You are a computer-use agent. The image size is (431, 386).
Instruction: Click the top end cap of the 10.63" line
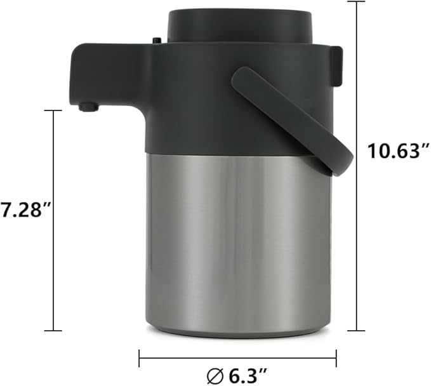pos(357,2)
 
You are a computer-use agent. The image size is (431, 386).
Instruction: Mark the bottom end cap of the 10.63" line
pos(357,330)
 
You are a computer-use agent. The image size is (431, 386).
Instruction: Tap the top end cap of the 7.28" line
pos(53,110)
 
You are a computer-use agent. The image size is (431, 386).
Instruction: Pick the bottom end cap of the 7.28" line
pos(53,330)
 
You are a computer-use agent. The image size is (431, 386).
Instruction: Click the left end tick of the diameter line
pos(140,357)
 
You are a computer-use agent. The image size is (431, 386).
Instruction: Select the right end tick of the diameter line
pos(336,357)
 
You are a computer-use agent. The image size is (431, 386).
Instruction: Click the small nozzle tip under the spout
pos(88,107)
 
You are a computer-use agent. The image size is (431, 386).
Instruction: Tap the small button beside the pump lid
pos(157,41)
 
